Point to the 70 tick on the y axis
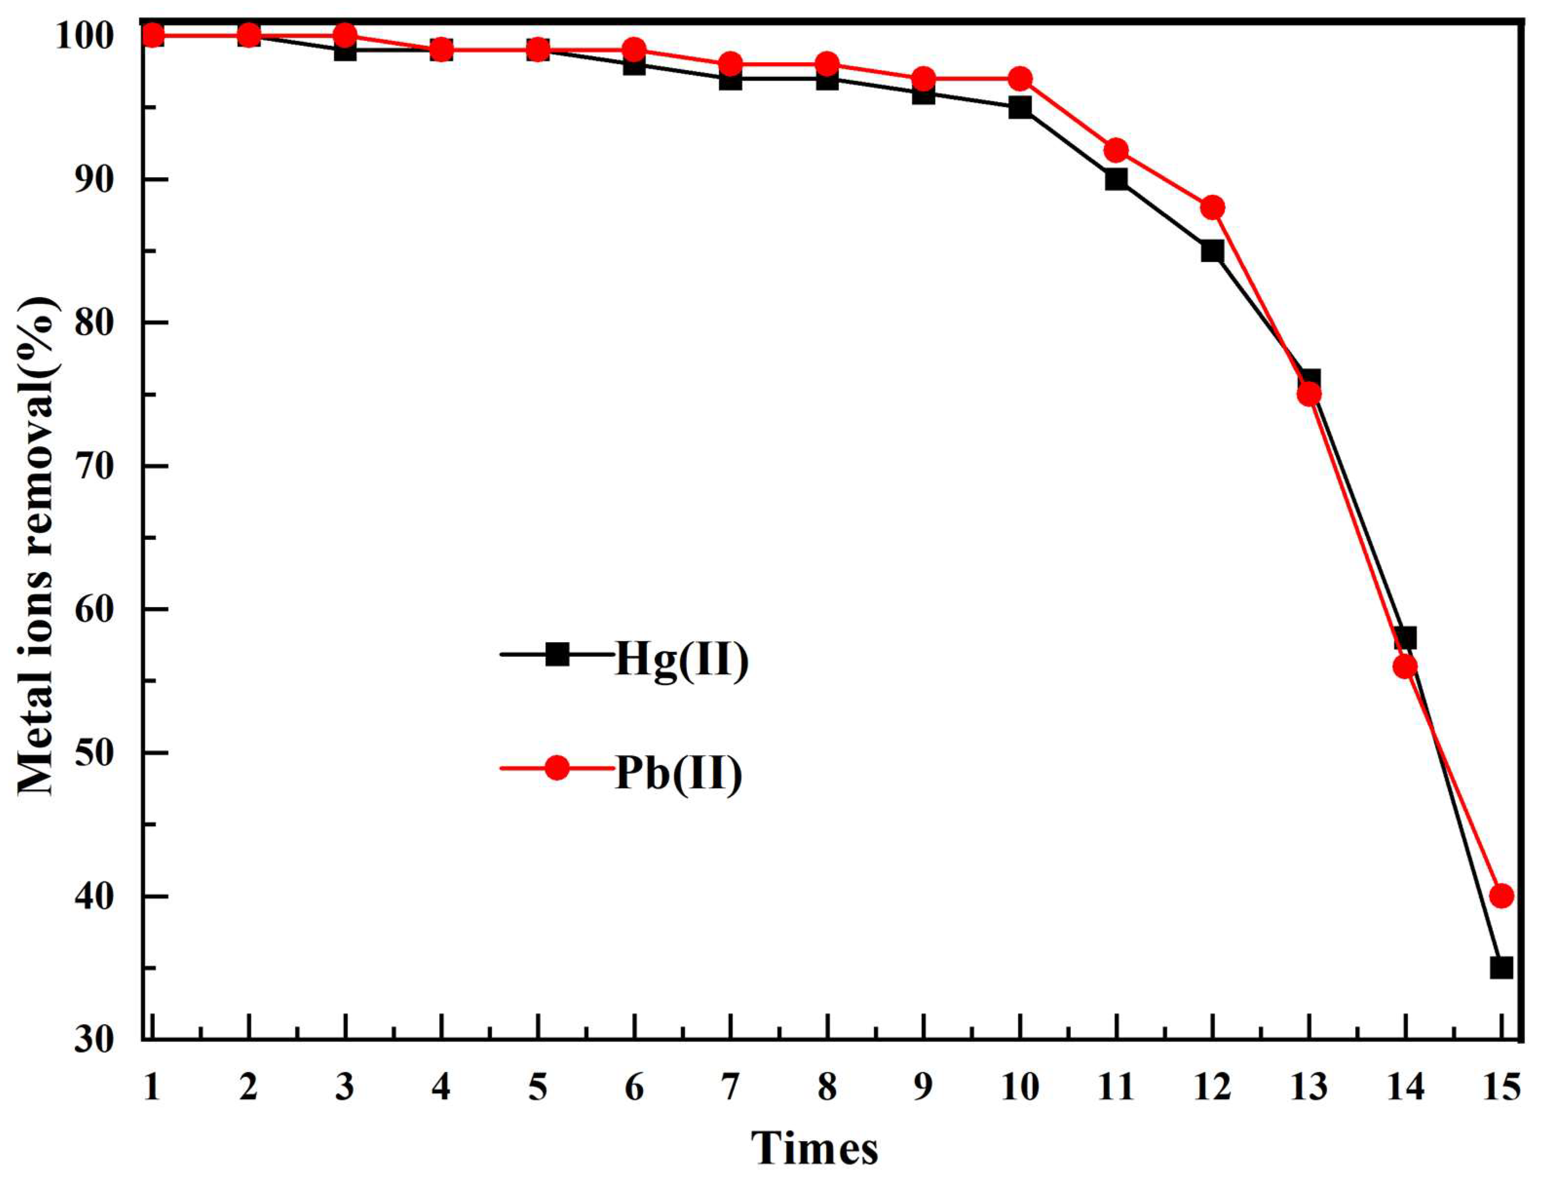tap(94, 466)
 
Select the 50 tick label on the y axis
tap(94, 753)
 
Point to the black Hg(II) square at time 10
tap(1020, 108)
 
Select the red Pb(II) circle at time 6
tap(634, 50)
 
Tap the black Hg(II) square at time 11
tap(1116, 179)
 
